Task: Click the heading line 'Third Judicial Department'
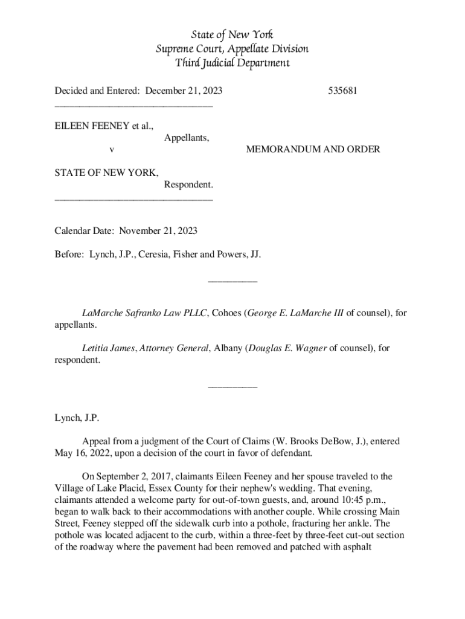pos(232,63)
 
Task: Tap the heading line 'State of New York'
pos(232,34)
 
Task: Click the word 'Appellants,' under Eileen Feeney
pos(187,138)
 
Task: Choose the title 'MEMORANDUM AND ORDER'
pos(313,149)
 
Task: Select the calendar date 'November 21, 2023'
pos(158,231)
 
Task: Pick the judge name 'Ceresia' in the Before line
pos(149,254)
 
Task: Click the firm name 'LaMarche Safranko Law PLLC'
pos(146,313)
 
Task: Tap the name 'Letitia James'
pos(109,348)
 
